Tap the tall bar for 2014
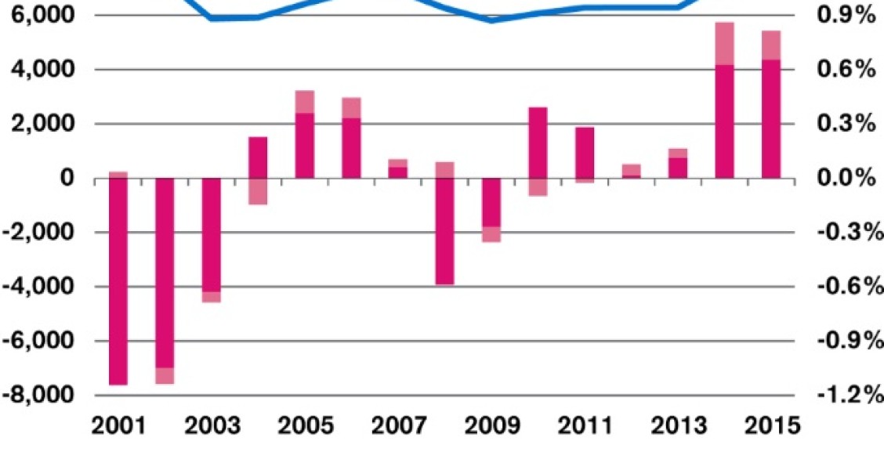click(x=724, y=121)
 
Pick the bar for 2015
click(x=771, y=118)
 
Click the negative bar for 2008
click(x=444, y=231)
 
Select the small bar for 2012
click(x=631, y=172)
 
